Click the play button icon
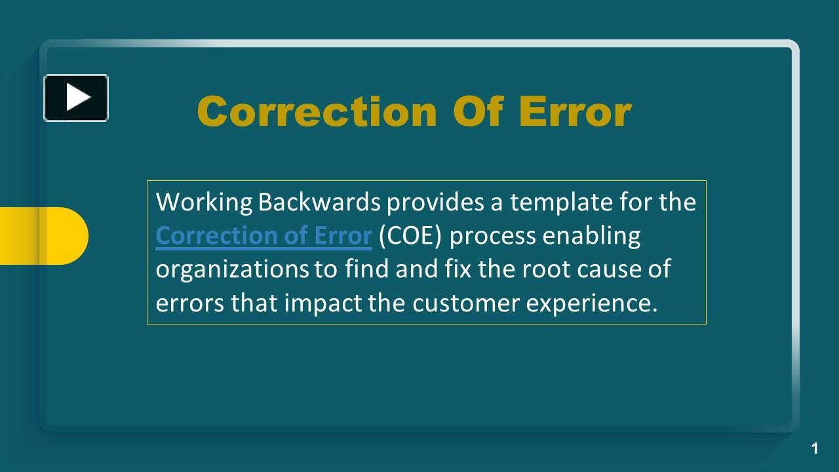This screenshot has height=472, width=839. tap(76, 98)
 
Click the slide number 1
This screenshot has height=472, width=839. tap(815, 448)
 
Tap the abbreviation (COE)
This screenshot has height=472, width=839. tap(410, 235)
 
